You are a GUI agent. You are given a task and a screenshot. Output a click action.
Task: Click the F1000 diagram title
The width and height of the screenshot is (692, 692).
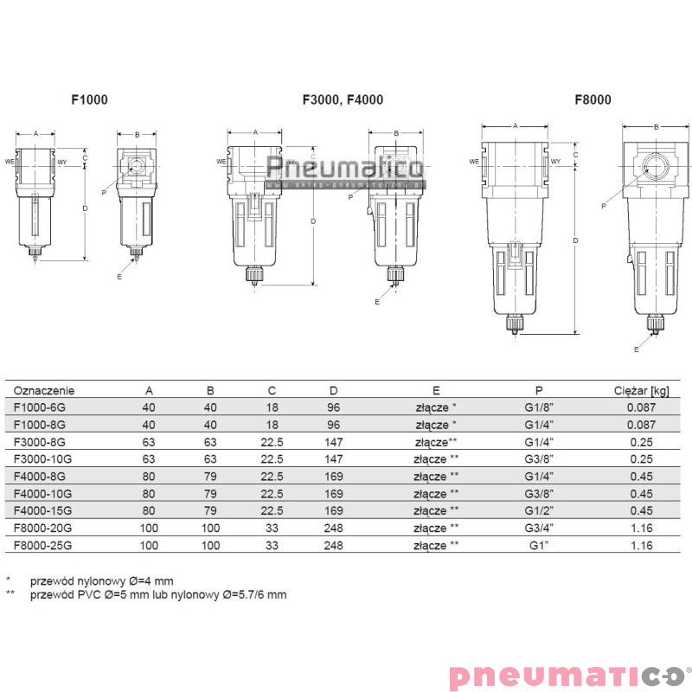point(89,100)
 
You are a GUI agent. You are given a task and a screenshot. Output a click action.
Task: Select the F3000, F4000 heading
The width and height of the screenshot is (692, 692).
point(343,100)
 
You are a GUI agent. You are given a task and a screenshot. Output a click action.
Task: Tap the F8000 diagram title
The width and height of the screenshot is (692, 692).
point(593,100)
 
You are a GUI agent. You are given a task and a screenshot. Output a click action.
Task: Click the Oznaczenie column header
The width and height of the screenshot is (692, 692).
point(45,390)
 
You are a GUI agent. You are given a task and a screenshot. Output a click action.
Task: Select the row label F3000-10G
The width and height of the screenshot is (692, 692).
point(44,459)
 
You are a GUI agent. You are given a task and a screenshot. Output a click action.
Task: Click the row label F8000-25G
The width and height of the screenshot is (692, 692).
point(44,546)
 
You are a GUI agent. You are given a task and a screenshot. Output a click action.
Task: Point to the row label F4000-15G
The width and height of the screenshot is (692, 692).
point(44,511)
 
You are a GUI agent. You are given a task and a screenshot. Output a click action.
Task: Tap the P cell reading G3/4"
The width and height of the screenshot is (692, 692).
point(540,529)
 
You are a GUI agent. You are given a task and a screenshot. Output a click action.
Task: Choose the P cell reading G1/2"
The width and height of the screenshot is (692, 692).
point(540,511)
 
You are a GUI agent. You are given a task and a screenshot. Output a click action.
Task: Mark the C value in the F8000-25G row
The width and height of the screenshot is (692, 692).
point(272,546)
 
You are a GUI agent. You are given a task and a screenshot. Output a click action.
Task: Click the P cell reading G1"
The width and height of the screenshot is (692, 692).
point(540,546)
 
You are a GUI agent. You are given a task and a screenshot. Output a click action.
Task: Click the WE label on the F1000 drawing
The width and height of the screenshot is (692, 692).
point(10,161)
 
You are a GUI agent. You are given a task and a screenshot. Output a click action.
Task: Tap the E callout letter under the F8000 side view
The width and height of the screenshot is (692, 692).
point(636,349)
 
